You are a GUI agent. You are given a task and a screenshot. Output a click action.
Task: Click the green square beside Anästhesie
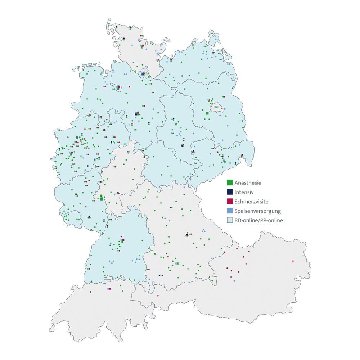point(230,183)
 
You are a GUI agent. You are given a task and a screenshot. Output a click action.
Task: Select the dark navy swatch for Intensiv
point(230,192)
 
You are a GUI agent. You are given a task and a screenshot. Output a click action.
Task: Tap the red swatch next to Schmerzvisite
point(230,202)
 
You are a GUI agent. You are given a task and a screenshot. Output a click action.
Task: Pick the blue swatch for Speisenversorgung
point(230,211)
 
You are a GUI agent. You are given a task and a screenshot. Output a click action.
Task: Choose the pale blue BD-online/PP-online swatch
point(230,220)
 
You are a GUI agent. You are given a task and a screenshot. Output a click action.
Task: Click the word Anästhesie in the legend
point(248,183)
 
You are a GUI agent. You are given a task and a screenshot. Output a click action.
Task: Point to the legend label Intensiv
point(244,192)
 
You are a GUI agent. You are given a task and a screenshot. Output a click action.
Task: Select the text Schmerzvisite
point(251,202)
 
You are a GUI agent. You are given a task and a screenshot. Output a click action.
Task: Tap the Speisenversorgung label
point(257,211)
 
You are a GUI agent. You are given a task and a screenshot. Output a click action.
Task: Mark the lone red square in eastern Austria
point(293,261)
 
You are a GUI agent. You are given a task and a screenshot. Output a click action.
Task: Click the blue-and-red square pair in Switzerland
point(109,289)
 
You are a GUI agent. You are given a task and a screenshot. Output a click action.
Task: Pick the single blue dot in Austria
point(234,281)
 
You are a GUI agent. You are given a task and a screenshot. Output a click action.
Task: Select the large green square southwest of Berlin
point(207,113)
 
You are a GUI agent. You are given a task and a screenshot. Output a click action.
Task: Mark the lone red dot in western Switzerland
point(91,292)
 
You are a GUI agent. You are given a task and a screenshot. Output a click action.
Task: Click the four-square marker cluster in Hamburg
point(144,73)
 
